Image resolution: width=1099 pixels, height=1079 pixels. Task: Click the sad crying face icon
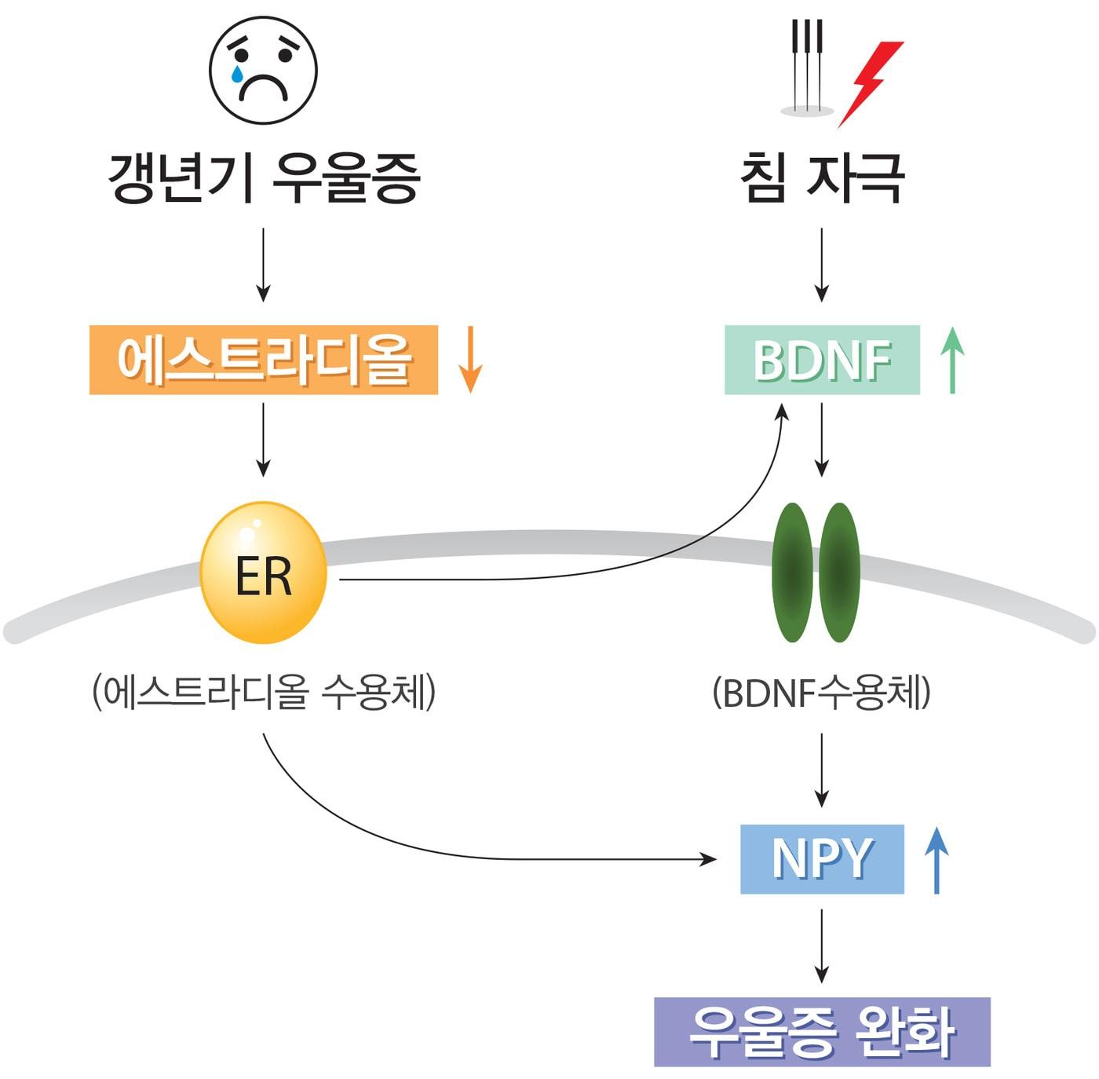point(263,70)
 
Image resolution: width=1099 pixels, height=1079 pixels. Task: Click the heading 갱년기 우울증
point(264,178)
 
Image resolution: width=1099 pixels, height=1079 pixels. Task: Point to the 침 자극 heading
point(822,178)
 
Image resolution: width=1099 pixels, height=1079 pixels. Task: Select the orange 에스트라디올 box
point(264,360)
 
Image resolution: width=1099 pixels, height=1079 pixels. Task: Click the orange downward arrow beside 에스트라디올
point(469,360)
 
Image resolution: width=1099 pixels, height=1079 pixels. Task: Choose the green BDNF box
point(821,360)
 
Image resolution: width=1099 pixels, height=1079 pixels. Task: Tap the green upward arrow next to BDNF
point(951,360)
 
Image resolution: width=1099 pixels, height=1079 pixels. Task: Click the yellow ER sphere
point(264,574)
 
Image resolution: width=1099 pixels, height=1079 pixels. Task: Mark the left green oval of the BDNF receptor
point(794,572)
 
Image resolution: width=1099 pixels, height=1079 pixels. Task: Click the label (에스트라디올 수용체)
point(264,693)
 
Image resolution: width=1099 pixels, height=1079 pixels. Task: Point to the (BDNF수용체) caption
point(821,693)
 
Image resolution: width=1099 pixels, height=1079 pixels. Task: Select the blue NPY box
point(822,858)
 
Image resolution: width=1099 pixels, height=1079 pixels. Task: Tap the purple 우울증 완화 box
point(822,1031)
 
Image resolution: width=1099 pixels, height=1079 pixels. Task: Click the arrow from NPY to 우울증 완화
point(822,945)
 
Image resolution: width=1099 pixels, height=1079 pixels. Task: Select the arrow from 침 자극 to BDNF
point(822,265)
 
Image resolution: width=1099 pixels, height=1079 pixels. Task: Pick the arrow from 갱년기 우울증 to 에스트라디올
point(264,265)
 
